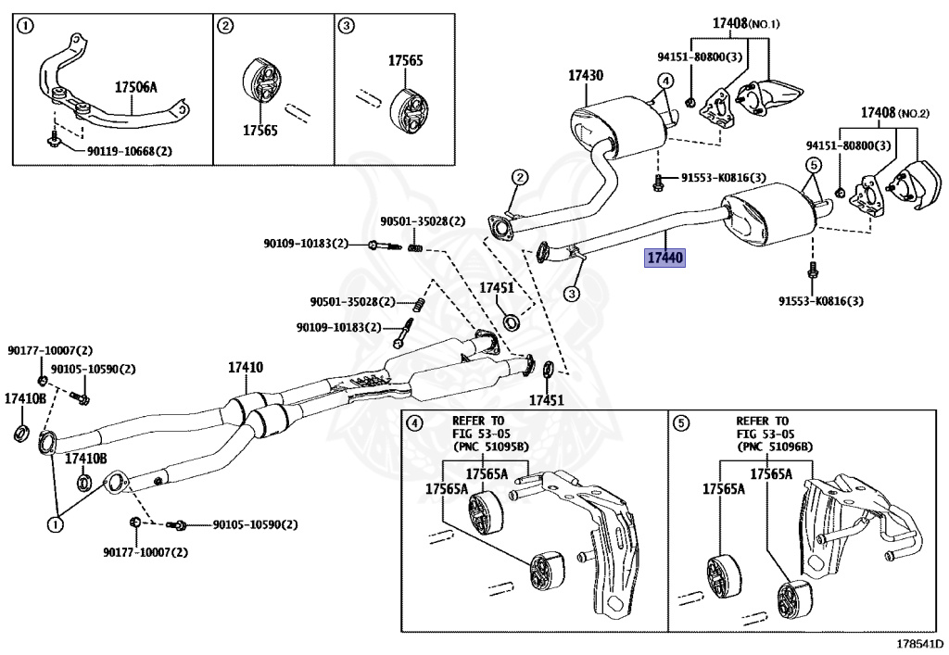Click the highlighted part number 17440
coord(664,257)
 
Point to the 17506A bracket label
coord(136,87)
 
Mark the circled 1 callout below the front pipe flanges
coord(55,525)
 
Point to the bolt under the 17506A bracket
coord(55,140)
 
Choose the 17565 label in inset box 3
coord(405,61)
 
